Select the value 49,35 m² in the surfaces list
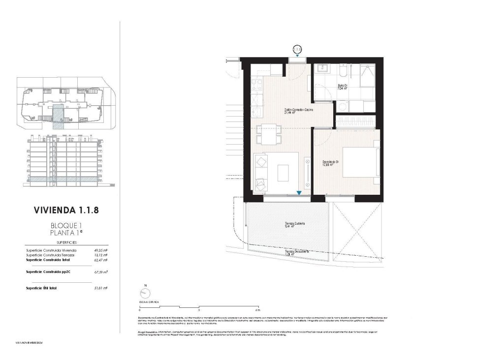(x=101, y=250)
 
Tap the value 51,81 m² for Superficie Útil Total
(x=101, y=288)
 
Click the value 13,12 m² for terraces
(x=101, y=255)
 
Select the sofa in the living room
(x=261, y=172)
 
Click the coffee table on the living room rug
(x=284, y=172)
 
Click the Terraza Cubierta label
(x=294, y=224)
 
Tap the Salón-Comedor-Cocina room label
(x=298, y=110)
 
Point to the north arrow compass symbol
(x=145, y=293)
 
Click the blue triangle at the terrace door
(x=299, y=193)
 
